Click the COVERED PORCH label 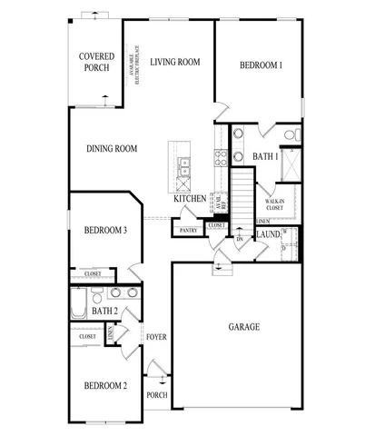point(95,61)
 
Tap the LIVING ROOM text point(175,62)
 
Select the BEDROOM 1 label point(261,65)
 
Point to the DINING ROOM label point(112,149)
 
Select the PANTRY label point(189,231)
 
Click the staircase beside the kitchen point(242,191)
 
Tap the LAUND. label point(268,234)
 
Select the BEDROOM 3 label point(104,231)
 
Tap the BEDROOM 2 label point(104,386)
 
